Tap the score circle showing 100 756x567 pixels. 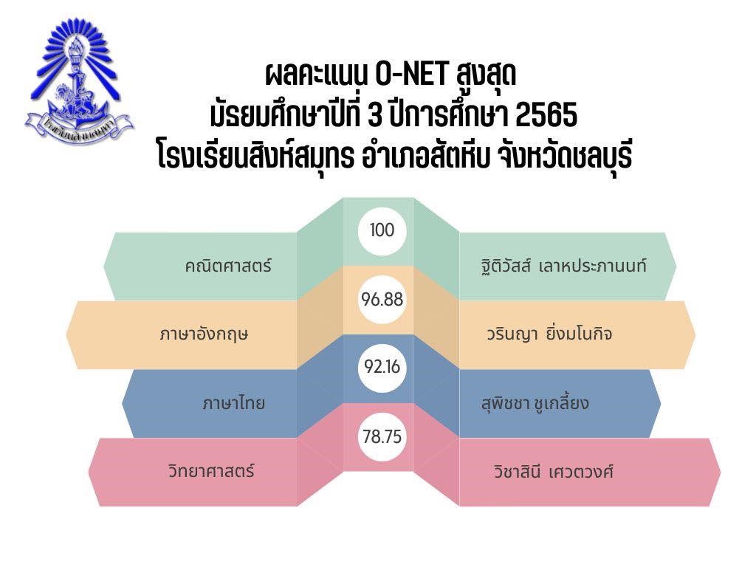pyautogui.click(x=382, y=230)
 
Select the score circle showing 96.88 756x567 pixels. pyautogui.click(x=382, y=300)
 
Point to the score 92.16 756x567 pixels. pyautogui.click(x=382, y=367)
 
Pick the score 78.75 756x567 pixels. pyautogui.click(x=382, y=437)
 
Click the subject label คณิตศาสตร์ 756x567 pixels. pyautogui.click(x=228, y=266)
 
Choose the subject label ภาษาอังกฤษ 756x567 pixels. pyautogui.click(x=204, y=334)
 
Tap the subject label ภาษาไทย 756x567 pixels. pyautogui.click(x=234, y=402)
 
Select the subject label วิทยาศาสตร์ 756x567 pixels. pyautogui.click(x=211, y=470)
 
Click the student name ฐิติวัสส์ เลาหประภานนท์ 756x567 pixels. pyautogui.click(x=560, y=266)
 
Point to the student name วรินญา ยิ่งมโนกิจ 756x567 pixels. pyautogui.click(x=549, y=334)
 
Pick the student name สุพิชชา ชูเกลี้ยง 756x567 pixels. pyautogui.click(x=535, y=402)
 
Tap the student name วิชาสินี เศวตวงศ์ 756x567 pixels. pyautogui.click(x=554, y=470)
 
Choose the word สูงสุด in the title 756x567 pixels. pyautogui.click(x=485, y=75)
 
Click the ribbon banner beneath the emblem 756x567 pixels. pyautogui.click(x=80, y=126)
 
